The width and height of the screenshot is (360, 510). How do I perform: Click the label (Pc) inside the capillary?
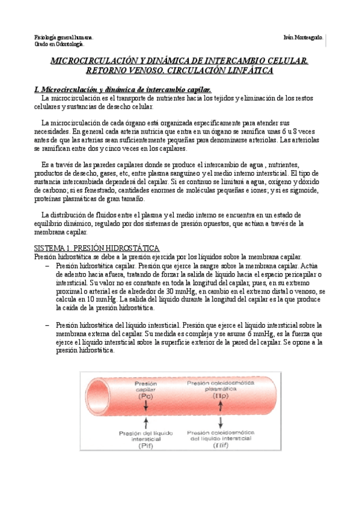click(x=146, y=397)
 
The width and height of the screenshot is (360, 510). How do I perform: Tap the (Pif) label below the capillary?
click(x=146, y=446)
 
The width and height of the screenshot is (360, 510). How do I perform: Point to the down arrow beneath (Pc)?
click(x=146, y=408)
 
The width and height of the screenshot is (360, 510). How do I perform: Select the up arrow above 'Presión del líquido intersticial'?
click(x=146, y=424)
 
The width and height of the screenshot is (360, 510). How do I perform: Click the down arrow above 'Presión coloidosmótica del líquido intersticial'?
click(x=221, y=421)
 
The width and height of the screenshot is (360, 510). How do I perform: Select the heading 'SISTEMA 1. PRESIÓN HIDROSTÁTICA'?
click(x=96, y=248)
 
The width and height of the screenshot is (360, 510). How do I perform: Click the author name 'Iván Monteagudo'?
click(x=303, y=37)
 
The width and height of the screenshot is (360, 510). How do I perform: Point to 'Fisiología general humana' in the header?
click(x=63, y=37)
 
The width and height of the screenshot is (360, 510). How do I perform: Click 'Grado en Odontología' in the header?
click(x=58, y=44)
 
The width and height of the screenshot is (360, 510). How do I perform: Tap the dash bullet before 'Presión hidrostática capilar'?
click(x=47, y=264)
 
